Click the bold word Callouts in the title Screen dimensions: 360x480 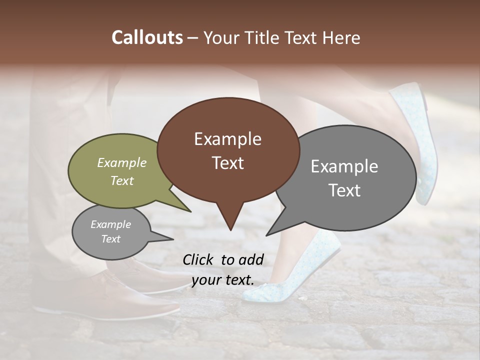[147, 37]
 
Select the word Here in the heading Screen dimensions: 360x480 [340, 37]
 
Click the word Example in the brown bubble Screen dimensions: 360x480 [227, 139]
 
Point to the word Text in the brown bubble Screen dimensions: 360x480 [227, 162]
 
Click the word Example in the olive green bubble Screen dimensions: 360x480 [122, 162]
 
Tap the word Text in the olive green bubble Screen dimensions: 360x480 [122, 180]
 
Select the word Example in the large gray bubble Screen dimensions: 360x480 [344, 166]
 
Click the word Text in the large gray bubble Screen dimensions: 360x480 [344, 190]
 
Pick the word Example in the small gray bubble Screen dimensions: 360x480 [110, 224]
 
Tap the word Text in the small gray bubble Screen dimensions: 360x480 [110, 239]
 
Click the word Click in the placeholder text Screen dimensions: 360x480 [199, 259]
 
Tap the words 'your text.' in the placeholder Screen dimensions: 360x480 [222, 280]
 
